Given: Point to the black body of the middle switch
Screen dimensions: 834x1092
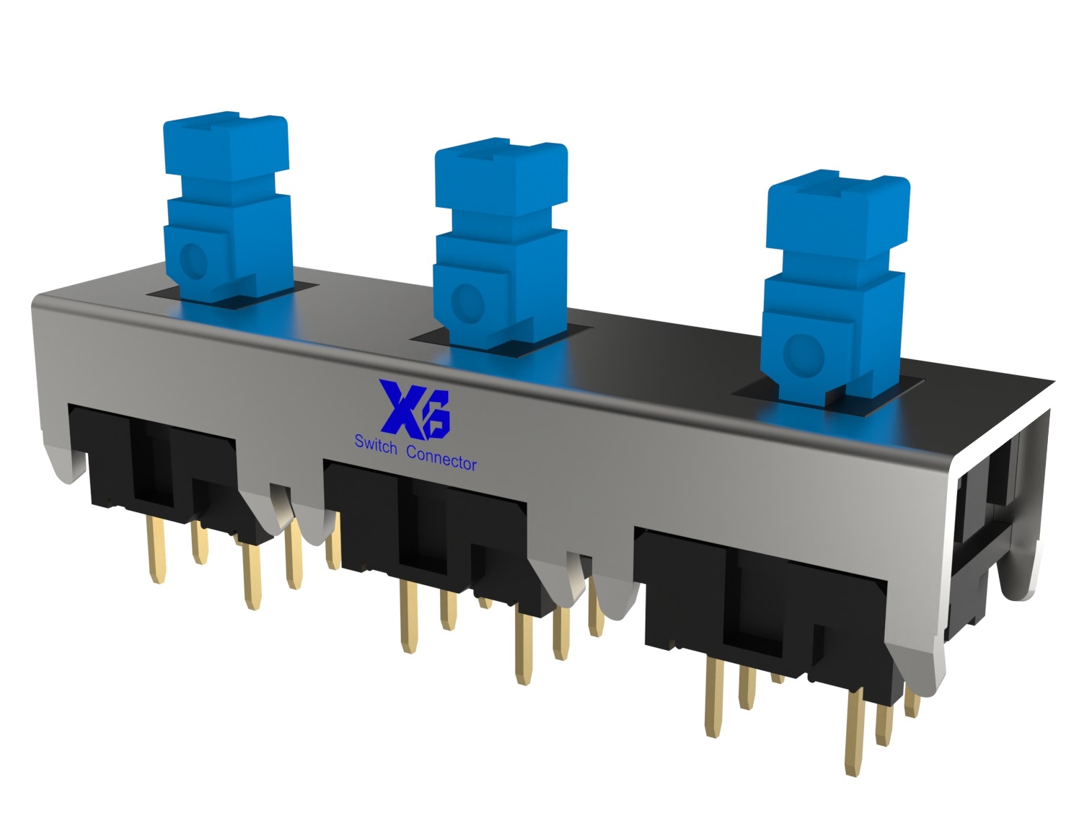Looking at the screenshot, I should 433,527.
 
